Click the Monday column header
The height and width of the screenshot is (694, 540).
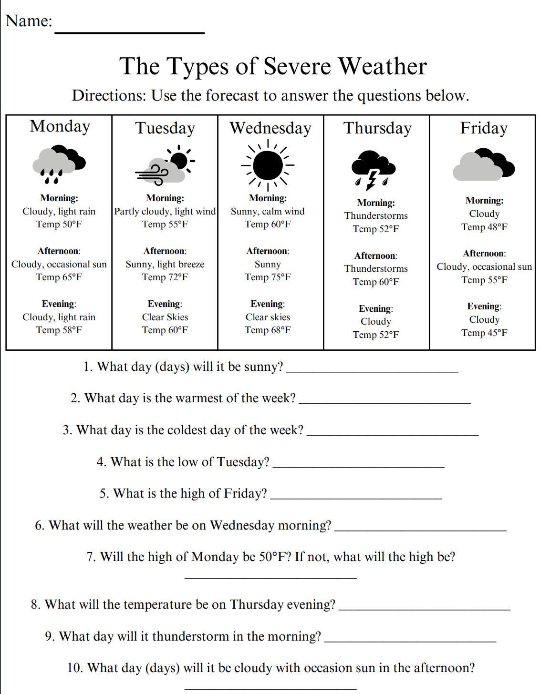point(60,126)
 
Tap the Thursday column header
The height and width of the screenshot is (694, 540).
point(377,128)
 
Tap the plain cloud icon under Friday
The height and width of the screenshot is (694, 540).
point(483,165)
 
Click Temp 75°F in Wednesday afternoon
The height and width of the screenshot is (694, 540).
point(268,277)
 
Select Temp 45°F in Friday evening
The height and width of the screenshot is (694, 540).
point(484,333)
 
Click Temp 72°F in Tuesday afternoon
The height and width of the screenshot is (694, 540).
point(165,277)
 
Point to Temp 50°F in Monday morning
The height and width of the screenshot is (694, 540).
point(59,225)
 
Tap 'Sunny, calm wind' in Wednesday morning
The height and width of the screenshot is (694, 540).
point(268,211)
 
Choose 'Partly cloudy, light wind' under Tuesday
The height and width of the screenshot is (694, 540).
point(165,211)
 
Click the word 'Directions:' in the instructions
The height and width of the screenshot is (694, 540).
point(109,96)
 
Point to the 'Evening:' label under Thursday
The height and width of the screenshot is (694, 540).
point(376,309)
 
